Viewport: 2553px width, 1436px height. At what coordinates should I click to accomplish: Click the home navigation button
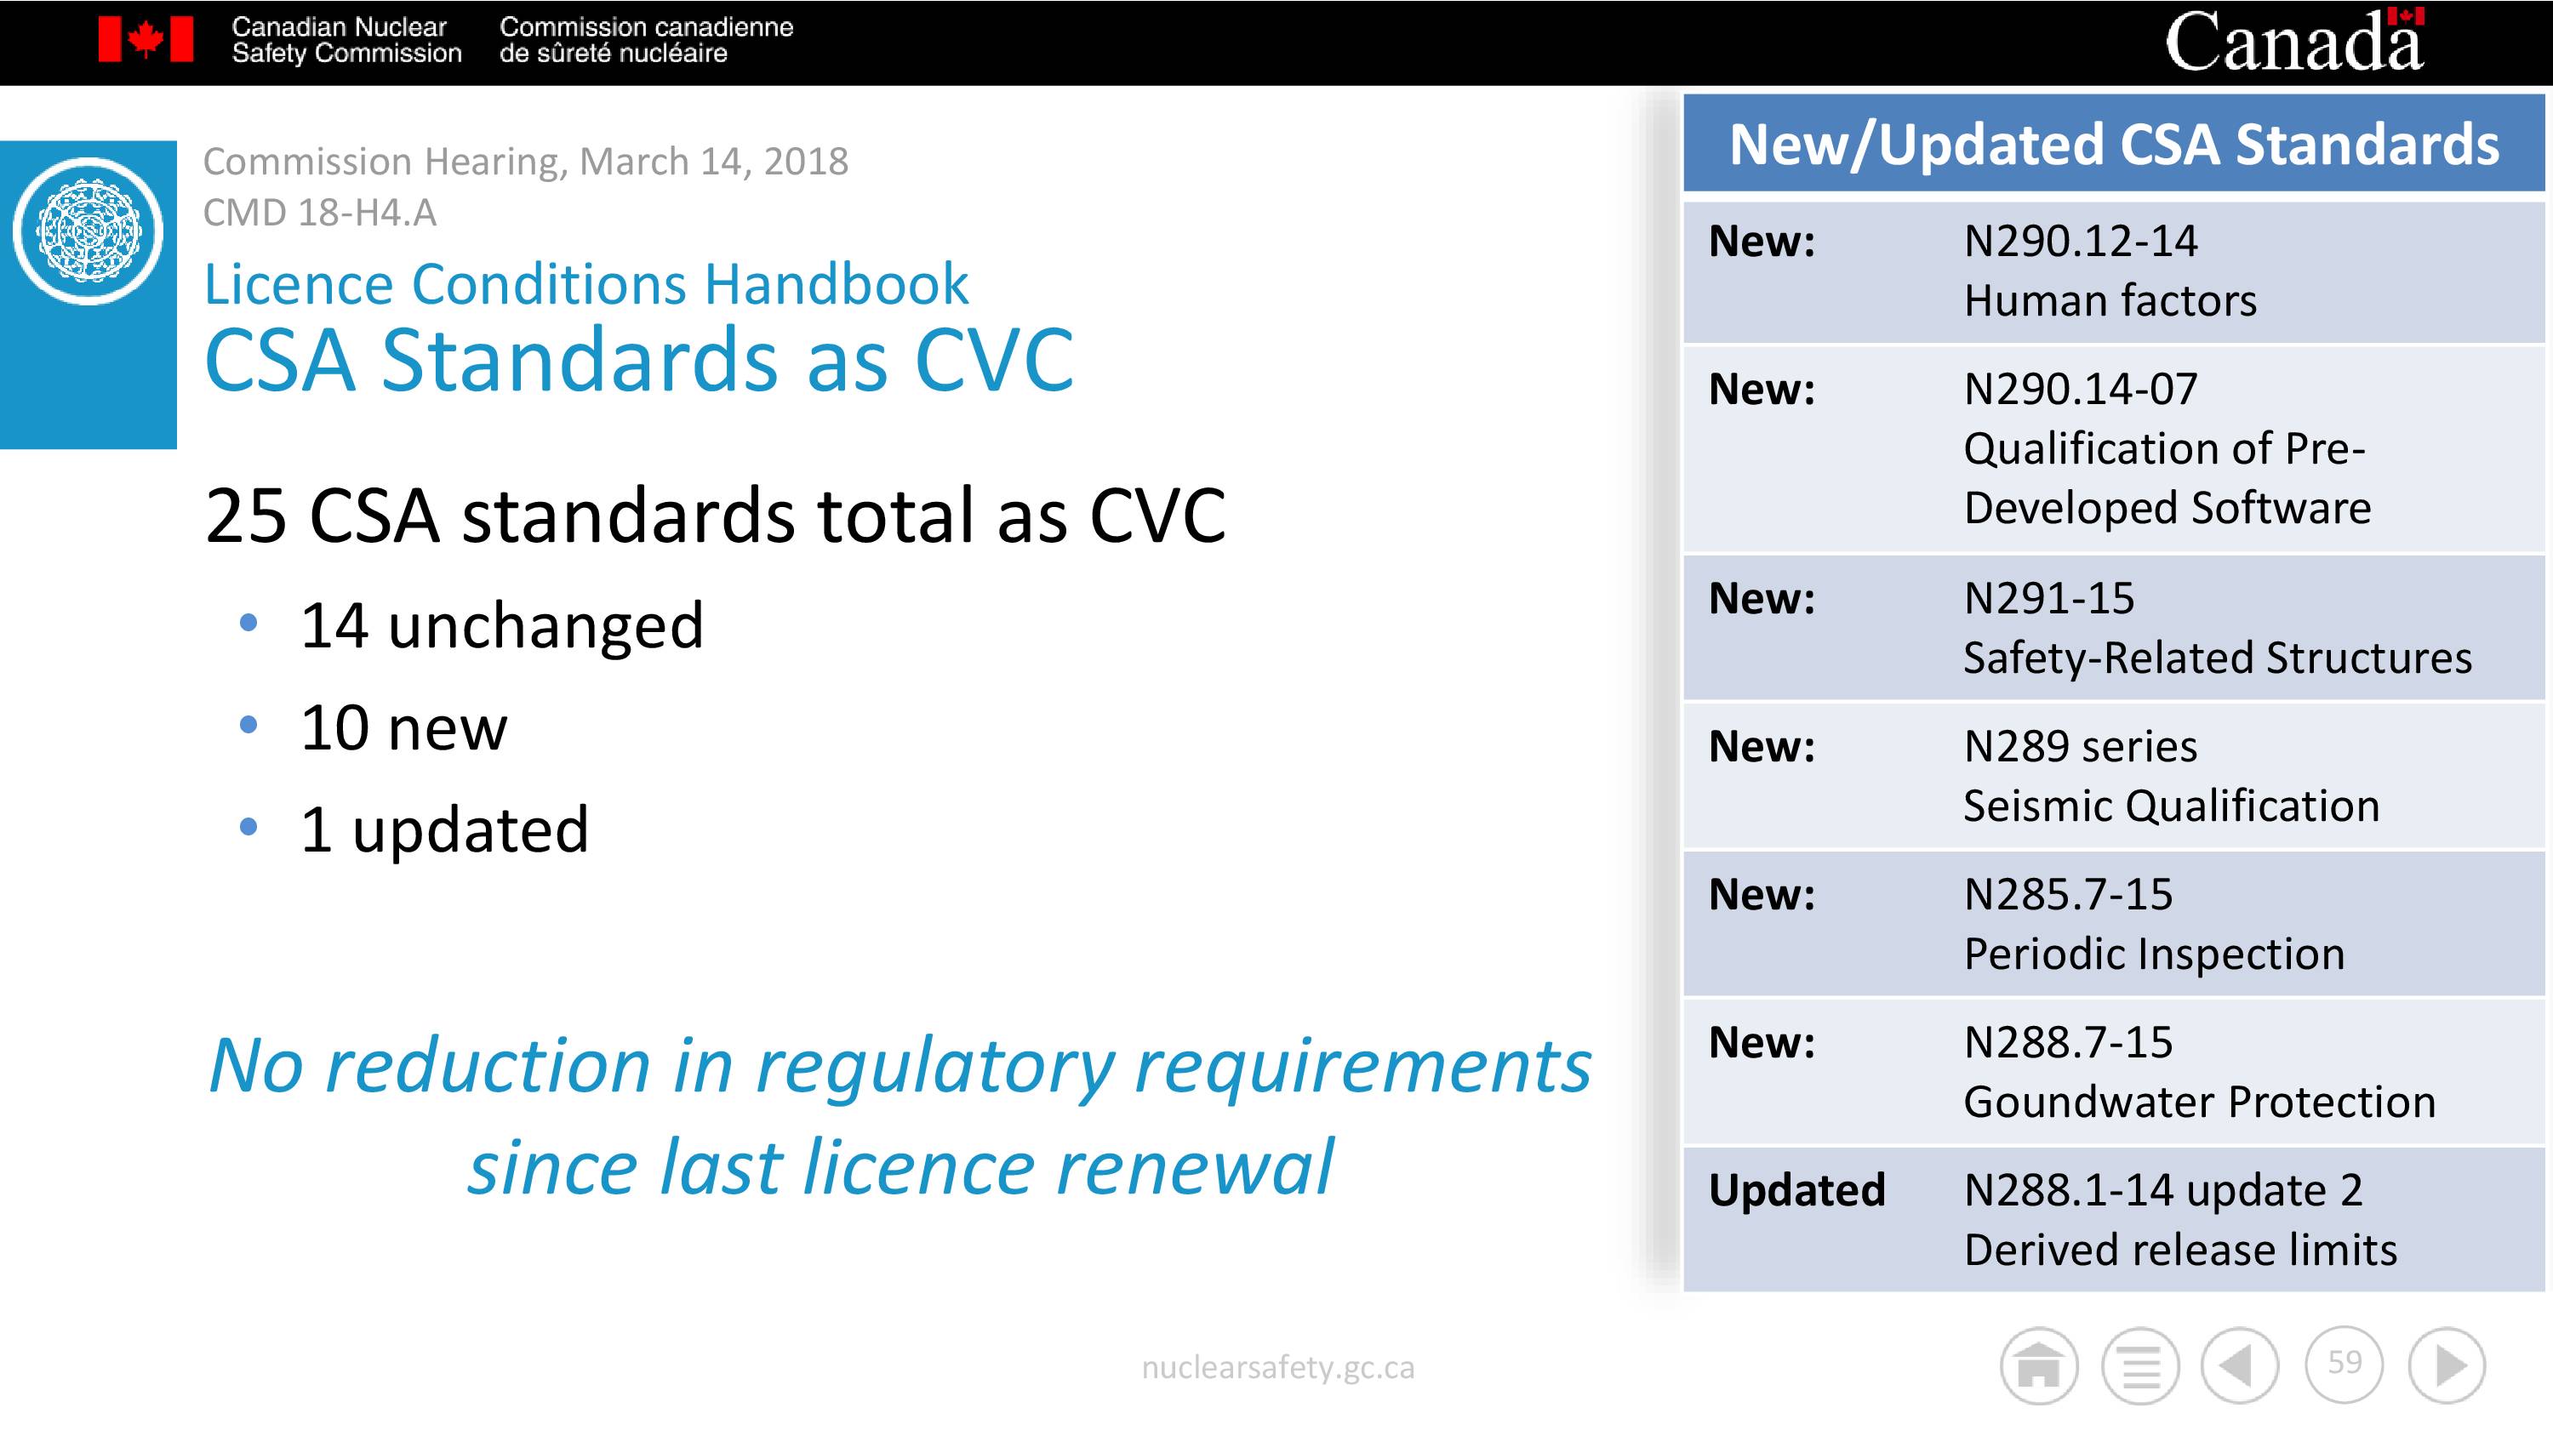click(2039, 1365)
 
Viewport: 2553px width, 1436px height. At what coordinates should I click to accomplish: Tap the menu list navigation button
click(2141, 1365)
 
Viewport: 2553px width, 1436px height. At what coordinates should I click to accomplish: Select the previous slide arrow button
click(2240, 1365)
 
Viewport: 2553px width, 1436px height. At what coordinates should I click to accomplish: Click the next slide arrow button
click(2447, 1365)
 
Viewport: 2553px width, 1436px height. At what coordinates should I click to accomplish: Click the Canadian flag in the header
click(146, 40)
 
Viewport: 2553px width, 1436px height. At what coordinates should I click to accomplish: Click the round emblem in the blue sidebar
click(89, 231)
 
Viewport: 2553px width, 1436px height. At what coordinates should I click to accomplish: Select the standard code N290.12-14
click(2080, 241)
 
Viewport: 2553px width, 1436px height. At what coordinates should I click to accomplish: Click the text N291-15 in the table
click(2048, 599)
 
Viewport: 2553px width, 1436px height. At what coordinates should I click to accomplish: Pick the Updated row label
click(1796, 1190)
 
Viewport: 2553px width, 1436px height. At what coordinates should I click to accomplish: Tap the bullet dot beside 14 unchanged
click(248, 623)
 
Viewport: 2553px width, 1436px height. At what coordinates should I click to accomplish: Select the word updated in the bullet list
click(470, 829)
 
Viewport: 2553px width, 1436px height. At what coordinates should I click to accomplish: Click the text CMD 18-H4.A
click(319, 212)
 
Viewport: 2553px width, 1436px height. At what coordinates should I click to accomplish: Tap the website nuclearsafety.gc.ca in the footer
click(1277, 1368)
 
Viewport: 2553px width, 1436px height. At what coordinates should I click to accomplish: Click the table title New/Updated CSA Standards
click(2114, 145)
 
